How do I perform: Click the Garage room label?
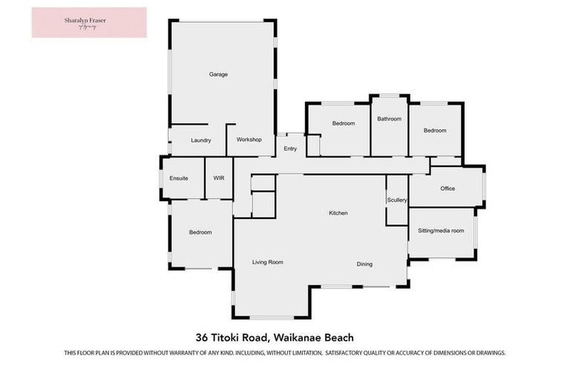(x=218, y=74)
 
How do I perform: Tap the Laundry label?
(x=201, y=140)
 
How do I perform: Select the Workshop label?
(x=249, y=140)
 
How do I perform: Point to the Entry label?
(x=290, y=149)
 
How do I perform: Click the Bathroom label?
(x=389, y=119)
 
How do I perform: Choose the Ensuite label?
(x=179, y=178)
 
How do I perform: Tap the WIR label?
(x=219, y=178)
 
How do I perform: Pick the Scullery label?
(x=397, y=200)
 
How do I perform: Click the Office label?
(x=448, y=189)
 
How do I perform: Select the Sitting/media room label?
(x=441, y=231)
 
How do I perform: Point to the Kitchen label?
(x=338, y=213)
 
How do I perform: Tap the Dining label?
(x=364, y=264)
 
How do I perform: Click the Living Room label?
(x=268, y=262)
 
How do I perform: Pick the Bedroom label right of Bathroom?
(x=435, y=131)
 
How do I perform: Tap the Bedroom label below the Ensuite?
(x=200, y=232)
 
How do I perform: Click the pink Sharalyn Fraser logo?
(x=89, y=22)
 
